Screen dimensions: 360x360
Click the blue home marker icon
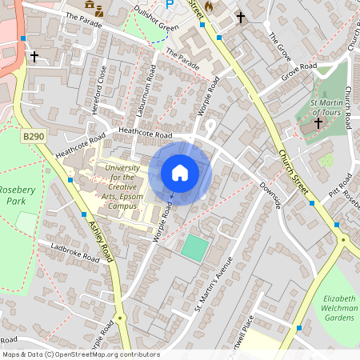pos(180,172)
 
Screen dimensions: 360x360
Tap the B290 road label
pos(34,138)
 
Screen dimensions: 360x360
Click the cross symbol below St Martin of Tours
pos(318,123)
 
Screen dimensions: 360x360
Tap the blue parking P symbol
pos(170,4)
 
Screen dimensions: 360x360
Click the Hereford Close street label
pos(101,90)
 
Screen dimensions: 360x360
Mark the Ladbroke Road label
pos(74,252)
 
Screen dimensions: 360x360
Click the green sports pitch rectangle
pos(194,246)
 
